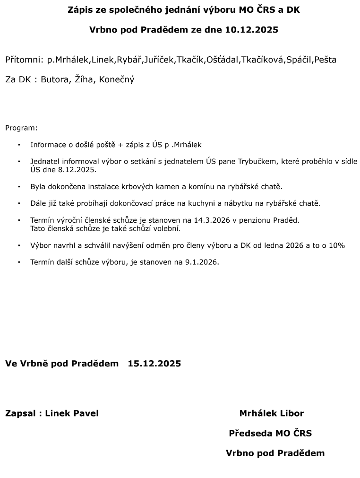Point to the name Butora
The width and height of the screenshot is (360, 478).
[x=55, y=79]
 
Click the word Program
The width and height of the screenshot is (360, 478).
[x=21, y=128]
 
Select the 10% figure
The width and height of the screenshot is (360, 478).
[x=337, y=245]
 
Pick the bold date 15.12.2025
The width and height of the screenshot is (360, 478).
[x=154, y=364]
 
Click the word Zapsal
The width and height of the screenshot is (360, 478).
[x=21, y=413]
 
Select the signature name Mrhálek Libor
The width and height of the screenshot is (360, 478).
[x=271, y=413]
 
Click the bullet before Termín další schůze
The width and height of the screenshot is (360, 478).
[x=19, y=262]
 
